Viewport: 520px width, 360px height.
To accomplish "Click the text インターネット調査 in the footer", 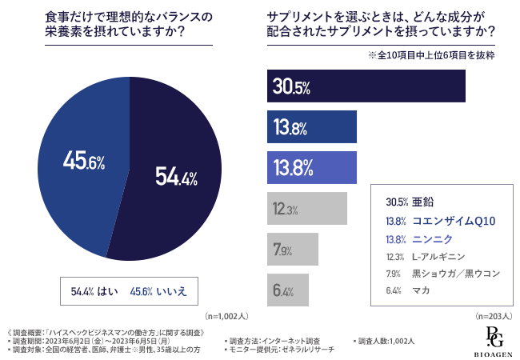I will coord(292,342).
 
